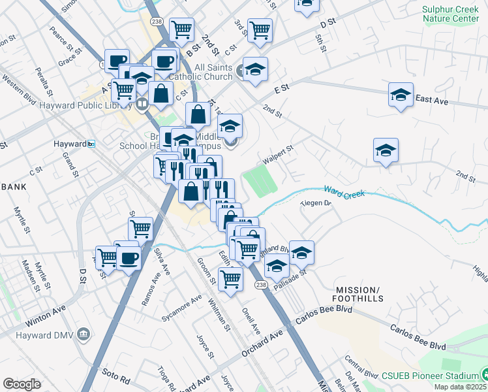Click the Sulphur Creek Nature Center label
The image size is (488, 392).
(451, 14)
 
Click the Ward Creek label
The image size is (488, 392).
(343, 193)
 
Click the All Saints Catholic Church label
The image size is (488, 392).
(204, 72)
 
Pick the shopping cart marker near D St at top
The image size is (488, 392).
(260, 29)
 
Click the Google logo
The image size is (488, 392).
(22, 384)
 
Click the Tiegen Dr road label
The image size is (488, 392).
(316, 203)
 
